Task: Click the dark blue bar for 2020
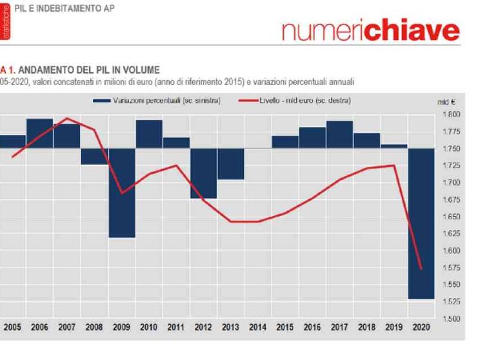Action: pyautogui.click(x=421, y=223)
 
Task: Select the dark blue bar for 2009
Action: pyautogui.click(x=121, y=193)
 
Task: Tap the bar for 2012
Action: pyautogui.click(x=203, y=173)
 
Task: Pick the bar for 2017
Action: pyautogui.click(x=339, y=134)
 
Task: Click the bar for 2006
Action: pyautogui.click(x=39, y=134)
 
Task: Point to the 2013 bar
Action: pyautogui.click(x=230, y=164)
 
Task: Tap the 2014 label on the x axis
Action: pyautogui.click(x=257, y=328)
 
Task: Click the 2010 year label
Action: pyautogui.click(x=149, y=328)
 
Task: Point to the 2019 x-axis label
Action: pyautogui.click(x=394, y=328)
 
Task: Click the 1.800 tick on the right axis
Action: pyautogui.click(x=452, y=115)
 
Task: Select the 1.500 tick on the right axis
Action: pyautogui.click(x=452, y=319)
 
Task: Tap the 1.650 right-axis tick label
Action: pyautogui.click(x=452, y=217)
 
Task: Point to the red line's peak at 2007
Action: pyautogui.click(x=67, y=118)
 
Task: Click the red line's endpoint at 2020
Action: pyautogui.click(x=421, y=269)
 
